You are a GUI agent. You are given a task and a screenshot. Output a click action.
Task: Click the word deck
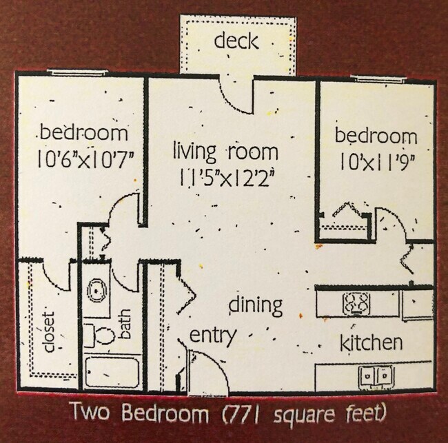coord(236,41)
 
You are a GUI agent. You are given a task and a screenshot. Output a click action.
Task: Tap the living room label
coord(225,152)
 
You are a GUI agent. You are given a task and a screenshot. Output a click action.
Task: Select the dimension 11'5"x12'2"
coord(227,178)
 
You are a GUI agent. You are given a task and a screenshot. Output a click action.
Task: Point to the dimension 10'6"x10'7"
coord(85,160)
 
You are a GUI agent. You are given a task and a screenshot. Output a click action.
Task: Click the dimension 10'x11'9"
coord(377,163)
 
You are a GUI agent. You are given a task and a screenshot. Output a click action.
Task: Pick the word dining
coord(256,306)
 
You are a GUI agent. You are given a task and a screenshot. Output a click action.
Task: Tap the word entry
coord(213,336)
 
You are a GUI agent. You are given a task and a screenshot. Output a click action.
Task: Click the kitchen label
coord(371,342)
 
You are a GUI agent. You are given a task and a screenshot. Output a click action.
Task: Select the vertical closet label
coord(48,331)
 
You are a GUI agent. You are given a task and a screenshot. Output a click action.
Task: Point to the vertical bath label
coord(124,324)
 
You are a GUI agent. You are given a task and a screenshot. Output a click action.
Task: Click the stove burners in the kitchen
coord(356,304)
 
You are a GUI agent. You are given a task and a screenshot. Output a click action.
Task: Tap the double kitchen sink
coord(376,376)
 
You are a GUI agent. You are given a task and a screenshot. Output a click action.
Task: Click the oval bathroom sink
coord(96,290)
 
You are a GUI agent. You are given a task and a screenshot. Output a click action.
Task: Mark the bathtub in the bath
coord(112,371)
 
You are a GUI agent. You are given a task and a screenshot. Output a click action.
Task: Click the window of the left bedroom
coord(78,72)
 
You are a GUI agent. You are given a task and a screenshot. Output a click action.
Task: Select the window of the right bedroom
coord(378,79)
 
